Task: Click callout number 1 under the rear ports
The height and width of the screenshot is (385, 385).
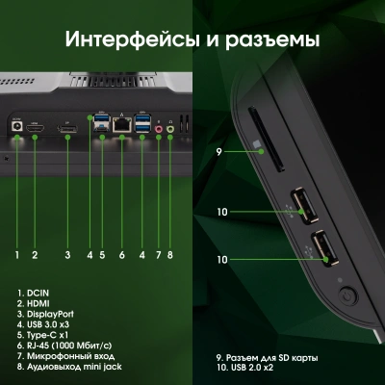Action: tap(17, 255)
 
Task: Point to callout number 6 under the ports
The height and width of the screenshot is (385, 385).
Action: tap(122, 255)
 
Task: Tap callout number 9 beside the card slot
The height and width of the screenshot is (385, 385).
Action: tap(219, 152)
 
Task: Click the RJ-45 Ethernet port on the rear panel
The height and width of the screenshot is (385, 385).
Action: tap(122, 124)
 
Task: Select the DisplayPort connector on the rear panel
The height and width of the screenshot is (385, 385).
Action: tap(68, 127)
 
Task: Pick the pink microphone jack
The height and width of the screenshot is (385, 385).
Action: tap(159, 127)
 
